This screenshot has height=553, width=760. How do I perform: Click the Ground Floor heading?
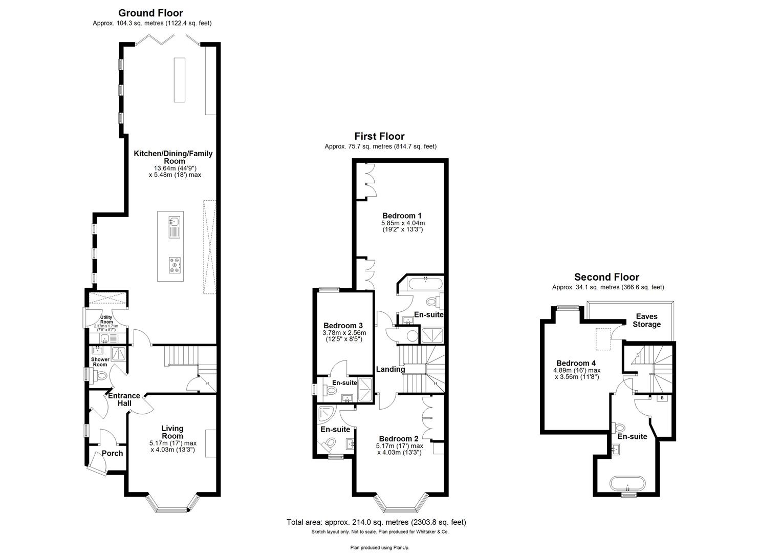pyautogui.click(x=150, y=13)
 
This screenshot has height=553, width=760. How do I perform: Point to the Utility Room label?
pyautogui.click(x=105, y=320)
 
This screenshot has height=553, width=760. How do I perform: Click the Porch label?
pyautogui.click(x=112, y=453)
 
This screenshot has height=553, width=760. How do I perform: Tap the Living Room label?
pyautogui.click(x=172, y=432)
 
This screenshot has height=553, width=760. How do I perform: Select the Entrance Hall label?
pyautogui.click(x=124, y=399)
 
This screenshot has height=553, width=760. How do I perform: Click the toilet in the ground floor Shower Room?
pyautogui.click(x=101, y=376)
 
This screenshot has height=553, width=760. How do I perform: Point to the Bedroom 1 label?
pyautogui.click(x=402, y=216)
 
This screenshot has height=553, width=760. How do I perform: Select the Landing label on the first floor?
pyautogui.click(x=390, y=369)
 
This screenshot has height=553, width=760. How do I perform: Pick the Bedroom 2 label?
pyautogui.click(x=399, y=439)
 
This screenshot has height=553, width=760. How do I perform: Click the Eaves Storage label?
pyautogui.click(x=646, y=321)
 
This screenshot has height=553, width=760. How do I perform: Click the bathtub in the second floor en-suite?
pyautogui.click(x=627, y=483)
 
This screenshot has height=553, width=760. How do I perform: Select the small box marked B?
pyautogui.click(x=662, y=398)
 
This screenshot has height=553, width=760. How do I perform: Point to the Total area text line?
pyautogui.click(x=376, y=522)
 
